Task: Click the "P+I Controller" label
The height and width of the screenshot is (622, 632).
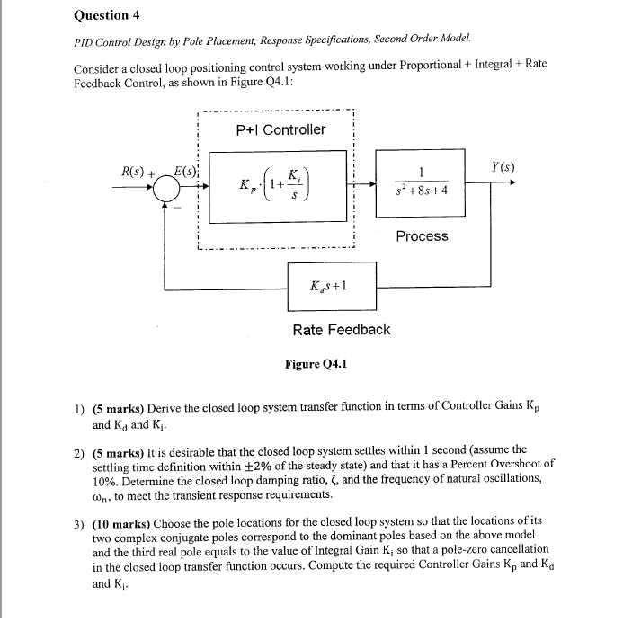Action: coord(280,129)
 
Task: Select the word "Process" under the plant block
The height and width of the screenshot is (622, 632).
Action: coord(422,235)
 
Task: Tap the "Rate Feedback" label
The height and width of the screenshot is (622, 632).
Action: coord(341,329)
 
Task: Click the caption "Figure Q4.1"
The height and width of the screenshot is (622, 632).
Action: coord(316,364)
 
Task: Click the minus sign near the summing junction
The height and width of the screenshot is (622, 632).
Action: coord(177,208)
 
